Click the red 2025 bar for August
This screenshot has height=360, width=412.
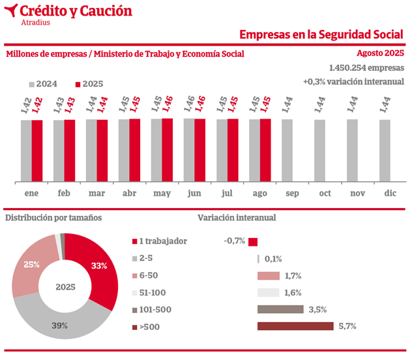(265, 150)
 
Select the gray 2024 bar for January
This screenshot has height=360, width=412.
(26, 151)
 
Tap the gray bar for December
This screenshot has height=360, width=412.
(385, 151)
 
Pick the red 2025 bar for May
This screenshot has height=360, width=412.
(168, 150)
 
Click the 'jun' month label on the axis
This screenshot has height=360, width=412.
(194, 193)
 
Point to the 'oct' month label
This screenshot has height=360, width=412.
(325, 193)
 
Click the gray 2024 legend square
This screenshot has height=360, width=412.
(31, 84)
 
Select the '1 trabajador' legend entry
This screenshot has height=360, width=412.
(163, 241)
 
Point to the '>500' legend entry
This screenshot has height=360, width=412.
(151, 327)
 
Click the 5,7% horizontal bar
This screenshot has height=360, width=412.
(295, 326)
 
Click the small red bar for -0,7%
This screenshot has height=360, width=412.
(253, 241)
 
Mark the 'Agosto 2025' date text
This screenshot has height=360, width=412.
(381, 53)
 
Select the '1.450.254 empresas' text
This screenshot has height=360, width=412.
(367, 68)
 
